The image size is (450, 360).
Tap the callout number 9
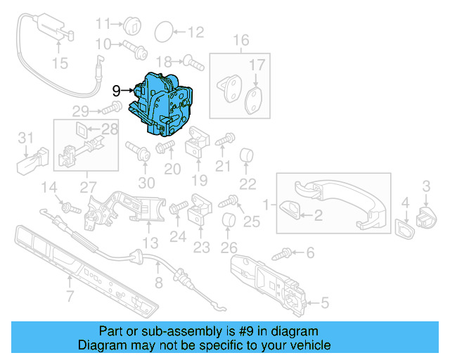(x=116, y=90)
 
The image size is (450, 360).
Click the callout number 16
(x=241, y=40)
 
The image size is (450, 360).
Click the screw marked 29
(x=107, y=110)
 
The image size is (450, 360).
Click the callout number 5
(x=325, y=304)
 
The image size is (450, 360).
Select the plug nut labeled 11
(x=133, y=26)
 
